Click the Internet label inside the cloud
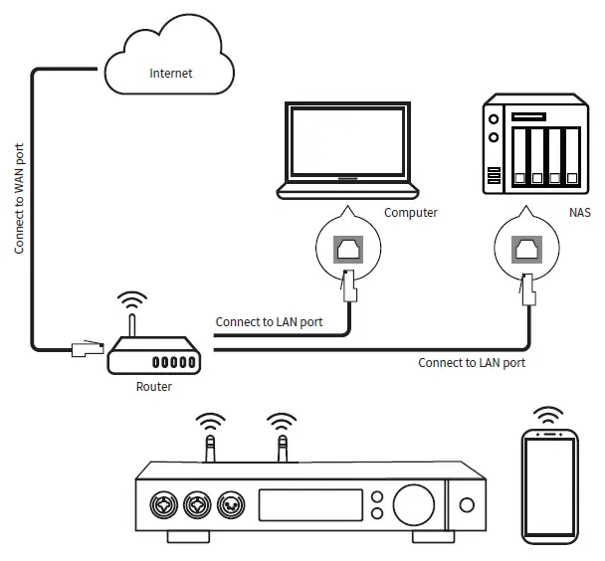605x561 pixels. (x=170, y=73)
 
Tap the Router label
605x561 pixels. (x=154, y=386)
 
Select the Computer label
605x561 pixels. (x=411, y=213)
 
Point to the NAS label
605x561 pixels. (x=579, y=213)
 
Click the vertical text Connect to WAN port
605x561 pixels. (x=19, y=199)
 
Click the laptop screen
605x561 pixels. (x=347, y=141)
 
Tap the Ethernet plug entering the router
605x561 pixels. (x=88, y=348)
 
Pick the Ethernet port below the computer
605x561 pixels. (x=348, y=249)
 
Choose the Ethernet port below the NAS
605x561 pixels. (x=526, y=250)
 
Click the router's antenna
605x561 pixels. (x=132, y=325)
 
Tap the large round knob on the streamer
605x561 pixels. (x=414, y=504)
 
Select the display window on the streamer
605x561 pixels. (x=310, y=505)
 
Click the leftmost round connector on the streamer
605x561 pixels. (x=163, y=505)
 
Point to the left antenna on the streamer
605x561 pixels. (x=210, y=449)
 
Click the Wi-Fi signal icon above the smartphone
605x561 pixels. (x=548, y=415)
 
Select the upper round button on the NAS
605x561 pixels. (x=494, y=119)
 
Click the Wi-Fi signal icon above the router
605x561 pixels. (x=132, y=300)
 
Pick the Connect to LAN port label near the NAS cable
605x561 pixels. (x=472, y=363)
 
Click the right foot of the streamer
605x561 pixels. (x=433, y=537)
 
